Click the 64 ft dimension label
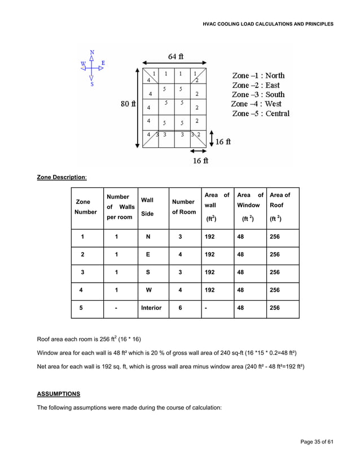(175, 56)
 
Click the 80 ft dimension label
(128, 104)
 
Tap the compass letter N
(92, 52)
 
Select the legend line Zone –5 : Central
(261, 113)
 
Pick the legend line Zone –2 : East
(256, 85)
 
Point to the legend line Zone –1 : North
(258, 75)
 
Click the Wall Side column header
(147, 207)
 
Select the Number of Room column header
(183, 206)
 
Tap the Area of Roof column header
(280, 207)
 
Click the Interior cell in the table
(151, 308)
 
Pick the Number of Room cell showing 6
(180, 308)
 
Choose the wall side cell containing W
(148, 291)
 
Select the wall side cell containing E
(148, 254)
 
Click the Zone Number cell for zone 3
(82, 272)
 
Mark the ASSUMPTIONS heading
(59, 394)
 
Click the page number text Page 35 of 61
(317, 441)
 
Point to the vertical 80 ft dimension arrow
(137, 107)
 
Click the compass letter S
(92, 84)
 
